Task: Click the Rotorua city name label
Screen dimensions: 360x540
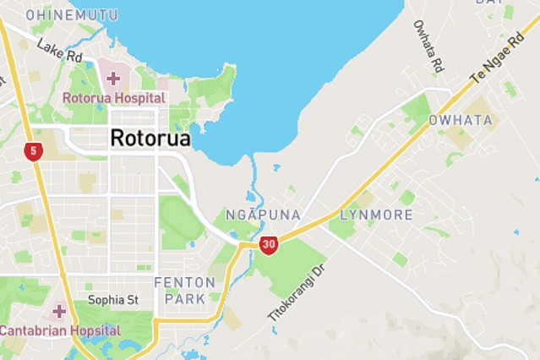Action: click(150, 138)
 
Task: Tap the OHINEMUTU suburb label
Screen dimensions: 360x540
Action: click(72, 15)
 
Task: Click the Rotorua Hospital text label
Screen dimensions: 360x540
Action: click(114, 97)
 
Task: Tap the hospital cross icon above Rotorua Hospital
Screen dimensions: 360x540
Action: click(113, 79)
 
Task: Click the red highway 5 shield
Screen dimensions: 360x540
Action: click(33, 152)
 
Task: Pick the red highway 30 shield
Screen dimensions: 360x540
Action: click(269, 245)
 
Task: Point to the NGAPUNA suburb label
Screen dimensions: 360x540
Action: click(263, 215)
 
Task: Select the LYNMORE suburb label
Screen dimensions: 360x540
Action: click(376, 215)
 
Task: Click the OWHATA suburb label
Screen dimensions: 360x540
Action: click(461, 120)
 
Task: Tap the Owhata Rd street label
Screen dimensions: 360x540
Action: click(428, 46)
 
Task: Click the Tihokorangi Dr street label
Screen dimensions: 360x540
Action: click(296, 292)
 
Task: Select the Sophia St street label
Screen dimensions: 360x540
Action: click(112, 300)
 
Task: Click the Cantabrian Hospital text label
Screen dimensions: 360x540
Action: click(60, 330)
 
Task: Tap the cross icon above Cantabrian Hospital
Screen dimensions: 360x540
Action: click(59, 311)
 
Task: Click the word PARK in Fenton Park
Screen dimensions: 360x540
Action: click(185, 298)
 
